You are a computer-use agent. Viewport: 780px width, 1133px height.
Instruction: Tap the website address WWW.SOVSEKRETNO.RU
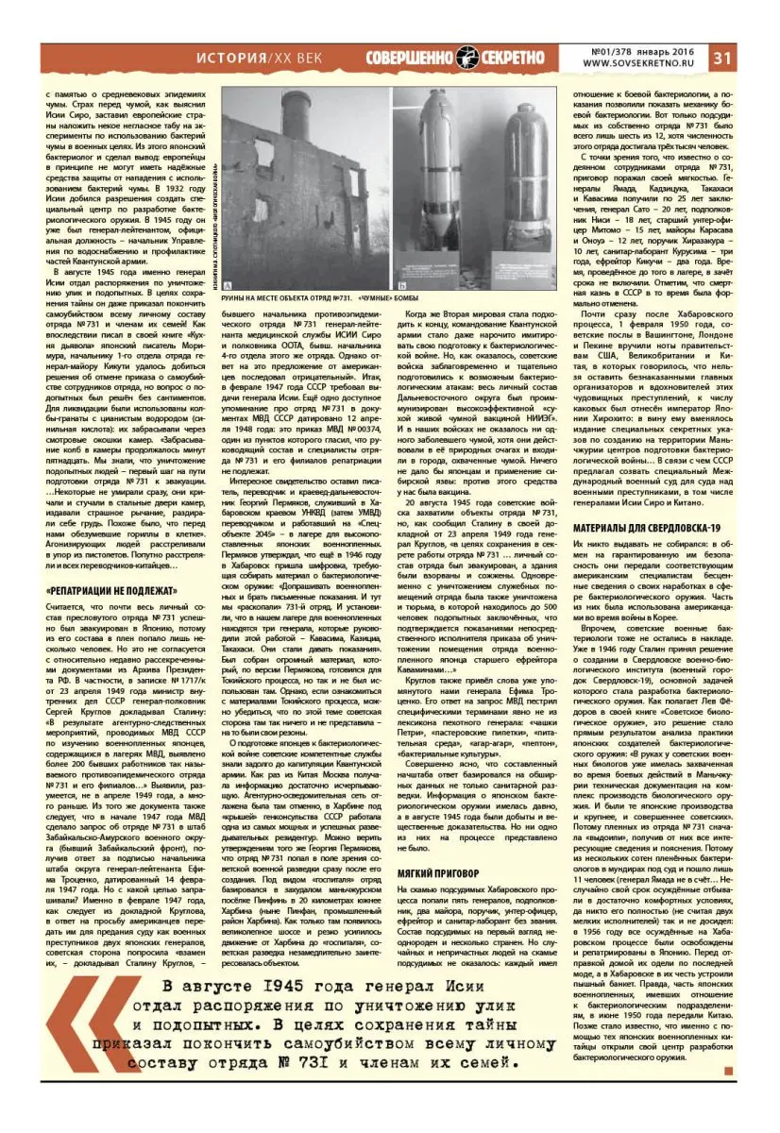[641, 64]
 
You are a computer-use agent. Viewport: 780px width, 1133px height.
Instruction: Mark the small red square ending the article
[728, 1071]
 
